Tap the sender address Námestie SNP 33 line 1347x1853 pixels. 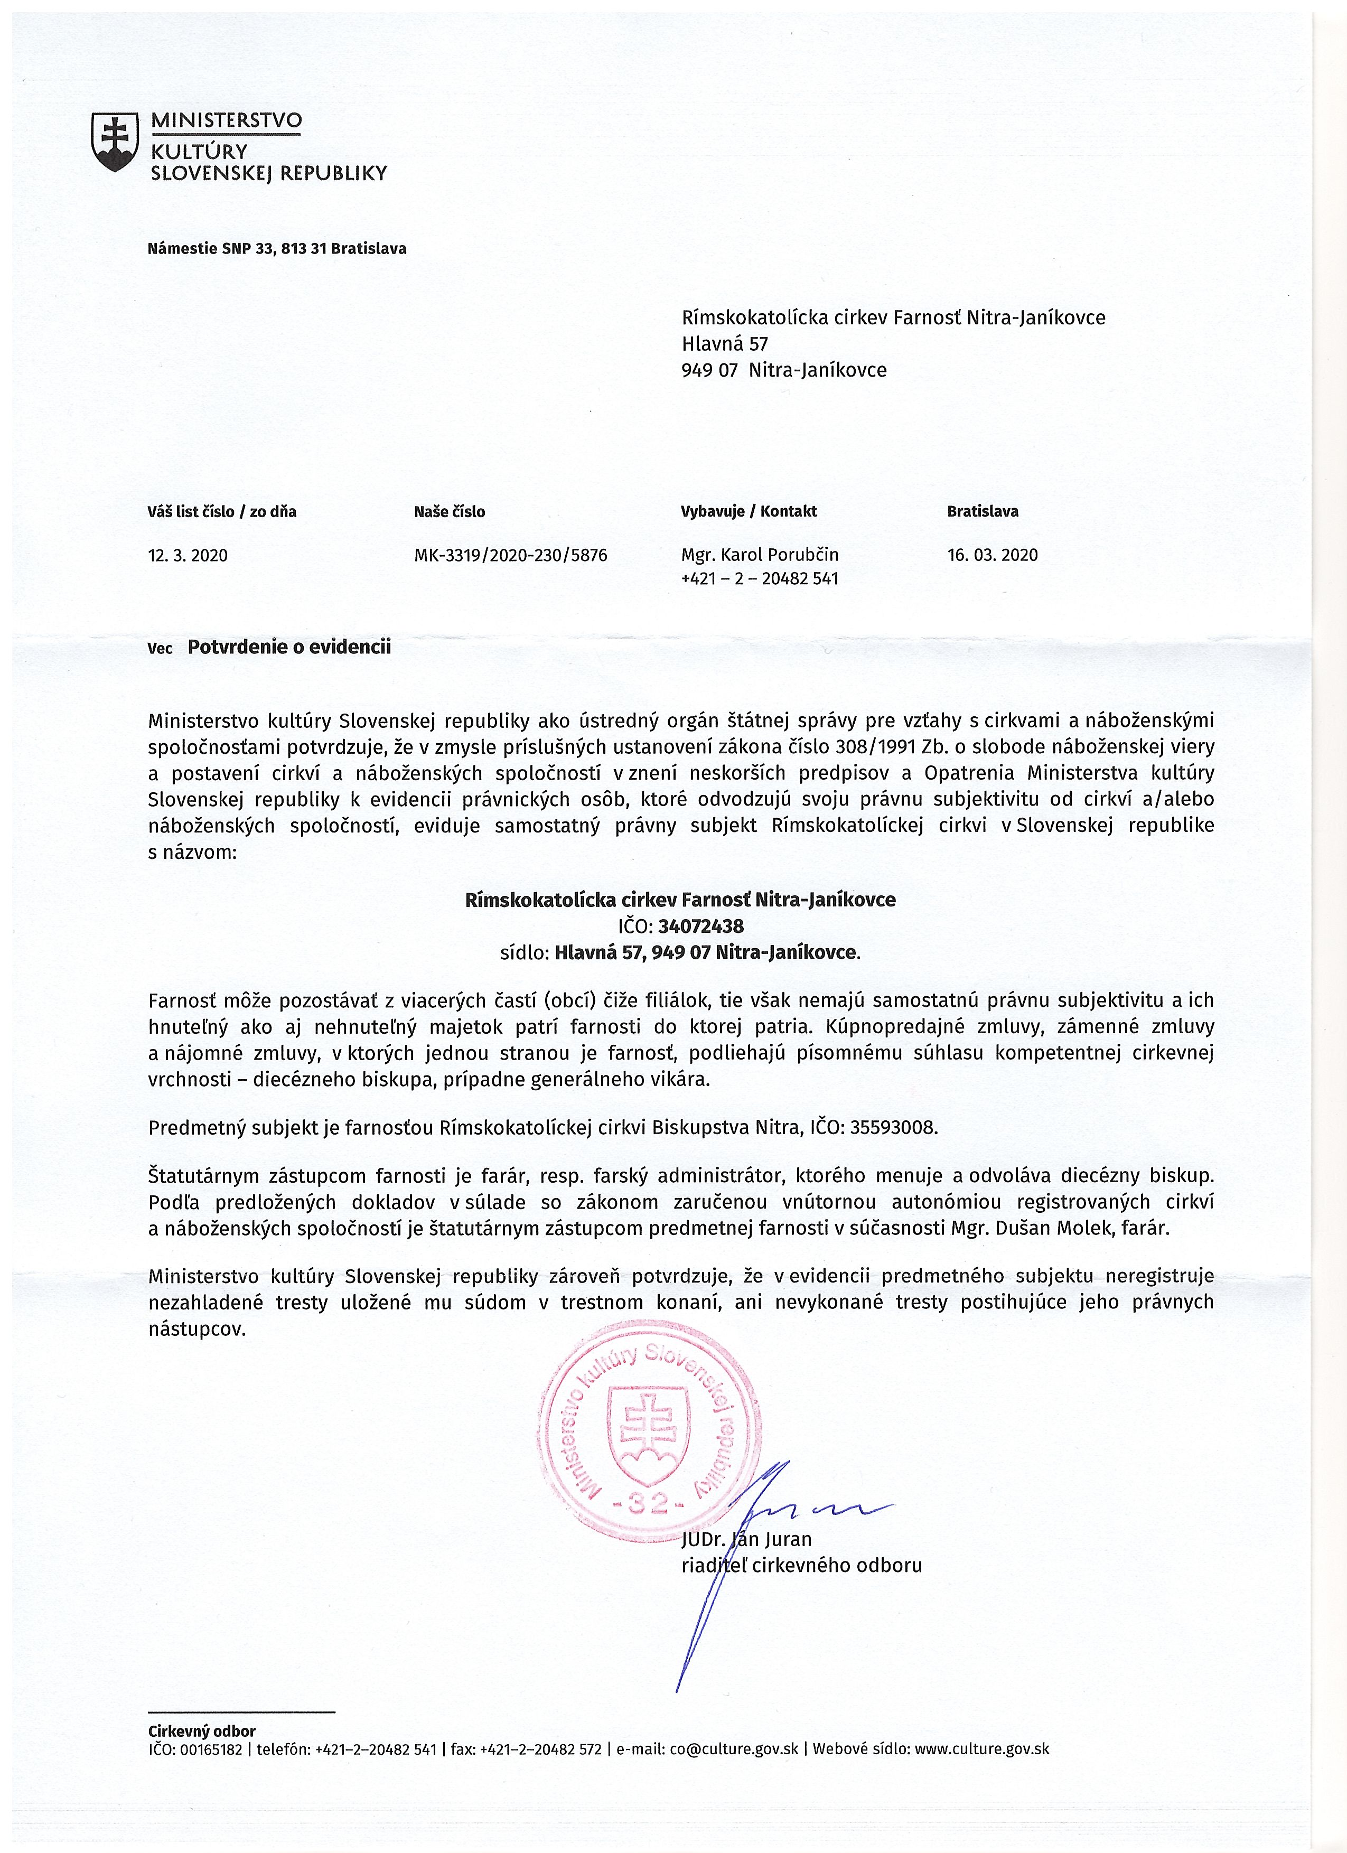click(x=277, y=248)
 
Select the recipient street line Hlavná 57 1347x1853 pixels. click(x=725, y=343)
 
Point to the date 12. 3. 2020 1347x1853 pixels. click(x=188, y=556)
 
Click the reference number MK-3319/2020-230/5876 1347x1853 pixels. click(x=510, y=556)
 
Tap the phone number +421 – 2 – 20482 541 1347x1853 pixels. click(x=760, y=578)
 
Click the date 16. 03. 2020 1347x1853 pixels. click(x=993, y=556)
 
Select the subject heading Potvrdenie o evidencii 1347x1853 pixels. click(x=289, y=647)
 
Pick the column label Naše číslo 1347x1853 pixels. click(x=450, y=512)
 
